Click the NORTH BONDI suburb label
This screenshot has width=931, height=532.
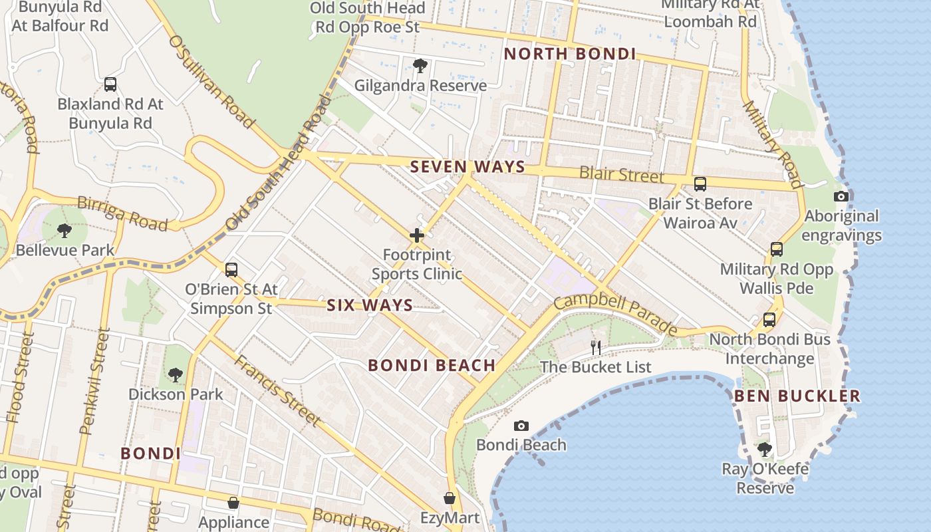[569, 54]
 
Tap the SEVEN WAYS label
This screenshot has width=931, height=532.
[467, 167]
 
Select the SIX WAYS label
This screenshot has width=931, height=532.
[370, 305]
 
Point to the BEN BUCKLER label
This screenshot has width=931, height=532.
[797, 396]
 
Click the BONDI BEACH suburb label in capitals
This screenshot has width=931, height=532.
[432, 365]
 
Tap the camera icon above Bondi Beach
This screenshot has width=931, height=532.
[521, 426]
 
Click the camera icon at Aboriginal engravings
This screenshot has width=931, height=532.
[841, 196]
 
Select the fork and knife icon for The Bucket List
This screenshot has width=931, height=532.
[596, 347]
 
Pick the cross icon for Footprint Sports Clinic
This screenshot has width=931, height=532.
[417, 235]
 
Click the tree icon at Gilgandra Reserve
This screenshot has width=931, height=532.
[420, 66]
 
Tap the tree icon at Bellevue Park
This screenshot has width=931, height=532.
[65, 231]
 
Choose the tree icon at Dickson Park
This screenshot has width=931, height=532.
[176, 375]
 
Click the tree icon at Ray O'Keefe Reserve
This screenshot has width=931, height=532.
[765, 450]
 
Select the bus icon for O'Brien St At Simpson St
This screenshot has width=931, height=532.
[231, 270]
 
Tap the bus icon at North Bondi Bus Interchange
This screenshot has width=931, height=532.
[769, 320]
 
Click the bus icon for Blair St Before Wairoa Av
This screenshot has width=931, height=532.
[700, 184]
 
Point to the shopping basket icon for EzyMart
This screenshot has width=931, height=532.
[450, 498]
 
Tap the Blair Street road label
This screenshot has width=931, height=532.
[621, 175]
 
